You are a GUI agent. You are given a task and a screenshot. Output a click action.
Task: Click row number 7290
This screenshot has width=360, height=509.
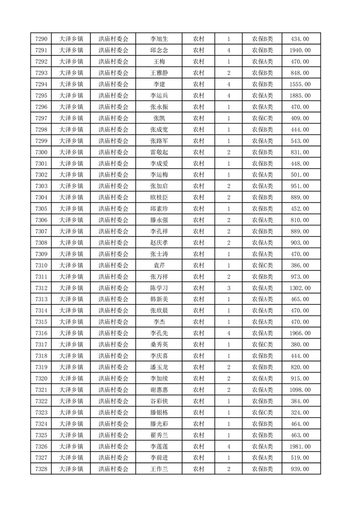(x=41, y=39)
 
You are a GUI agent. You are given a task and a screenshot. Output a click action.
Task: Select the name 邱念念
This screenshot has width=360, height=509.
(x=159, y=50)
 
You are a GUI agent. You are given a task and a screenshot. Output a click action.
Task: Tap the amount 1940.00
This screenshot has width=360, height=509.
(x=300, y=50)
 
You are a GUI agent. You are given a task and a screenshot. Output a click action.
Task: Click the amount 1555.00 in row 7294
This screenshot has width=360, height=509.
(x=300, y=84)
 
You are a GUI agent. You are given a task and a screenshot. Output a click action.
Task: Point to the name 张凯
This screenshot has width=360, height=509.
(x=159, y=118)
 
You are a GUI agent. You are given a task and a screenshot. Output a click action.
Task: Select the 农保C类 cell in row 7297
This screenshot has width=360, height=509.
(x=262, y=118)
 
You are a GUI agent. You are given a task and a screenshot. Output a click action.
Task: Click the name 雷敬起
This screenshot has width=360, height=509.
(x=159, y=152)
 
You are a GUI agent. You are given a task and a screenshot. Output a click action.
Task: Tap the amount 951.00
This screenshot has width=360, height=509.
(x=300, y=186)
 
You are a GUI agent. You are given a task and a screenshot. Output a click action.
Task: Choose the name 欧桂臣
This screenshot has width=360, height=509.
(x=159, y=197)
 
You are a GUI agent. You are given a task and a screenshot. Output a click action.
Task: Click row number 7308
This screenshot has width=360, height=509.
(x=41, y=243)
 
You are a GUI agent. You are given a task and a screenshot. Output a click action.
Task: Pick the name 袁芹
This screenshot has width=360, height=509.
(x=159, y=265)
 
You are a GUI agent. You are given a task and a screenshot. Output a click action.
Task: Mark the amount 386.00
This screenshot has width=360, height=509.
(x=300, y=265)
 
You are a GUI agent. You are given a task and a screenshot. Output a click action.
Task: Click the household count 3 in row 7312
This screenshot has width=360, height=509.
(x=228, y=288)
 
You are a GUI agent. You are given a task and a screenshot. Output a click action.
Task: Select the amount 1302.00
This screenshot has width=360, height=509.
(x=300, y=288)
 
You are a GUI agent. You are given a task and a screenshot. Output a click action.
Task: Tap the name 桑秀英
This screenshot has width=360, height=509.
(x=159, y=344)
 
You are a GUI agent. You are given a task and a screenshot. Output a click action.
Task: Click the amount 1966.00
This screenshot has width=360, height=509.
(x=300, y=333)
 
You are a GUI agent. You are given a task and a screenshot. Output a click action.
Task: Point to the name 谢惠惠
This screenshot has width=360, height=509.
(x=159, y=390)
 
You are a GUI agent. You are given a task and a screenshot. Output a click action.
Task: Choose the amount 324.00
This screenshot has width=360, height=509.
(x=300, y=412)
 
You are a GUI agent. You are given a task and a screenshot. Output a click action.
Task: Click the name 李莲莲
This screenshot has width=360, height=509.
(x=159, y=446)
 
